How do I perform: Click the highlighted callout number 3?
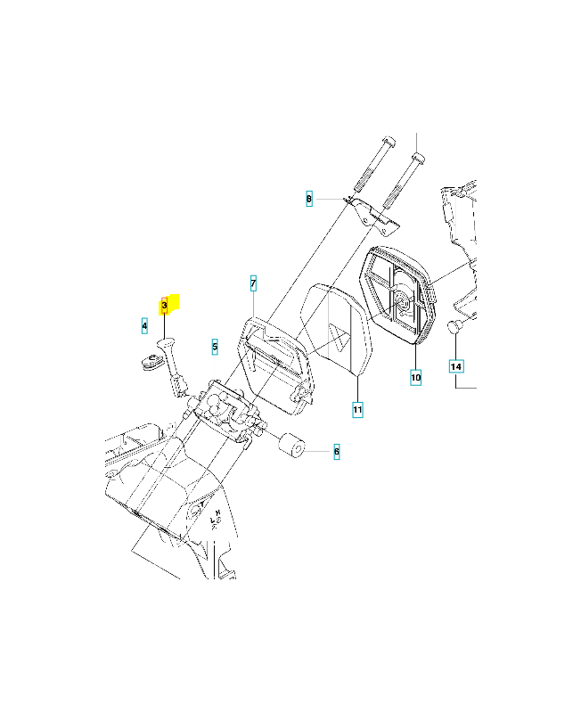tap(165, 306)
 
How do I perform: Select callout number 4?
tap(144, 325)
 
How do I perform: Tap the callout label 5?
tap(215, 347)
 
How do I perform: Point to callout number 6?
tap(337, 452)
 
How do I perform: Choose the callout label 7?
tap(253, 283)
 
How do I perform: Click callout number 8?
tap(309, 199)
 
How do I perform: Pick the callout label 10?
tap(415, 377)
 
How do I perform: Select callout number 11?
tap(358, 410)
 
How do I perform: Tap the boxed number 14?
tap(456, 366)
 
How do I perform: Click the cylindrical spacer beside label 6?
tap(291, 446)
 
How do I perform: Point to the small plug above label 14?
tap(454, 326)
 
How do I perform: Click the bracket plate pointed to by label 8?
tap(372, 216)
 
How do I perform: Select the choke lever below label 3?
tap(172, 365)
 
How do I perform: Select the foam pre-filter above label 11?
tap(337, 331)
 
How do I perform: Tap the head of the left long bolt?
tap(389, 140)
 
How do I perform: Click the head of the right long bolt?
tap(418, 159)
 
